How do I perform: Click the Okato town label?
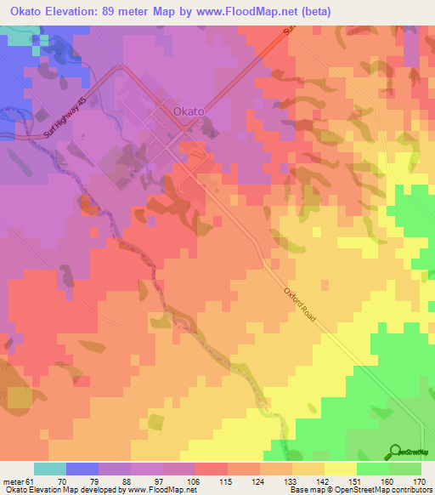(188, 111)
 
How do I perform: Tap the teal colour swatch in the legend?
(50, 469)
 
